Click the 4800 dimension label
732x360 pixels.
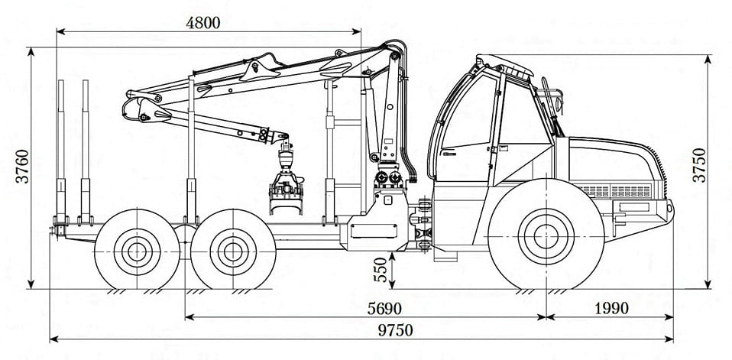point(202,23)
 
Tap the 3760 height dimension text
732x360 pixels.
point(22,166)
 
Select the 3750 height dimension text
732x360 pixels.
point(699,165)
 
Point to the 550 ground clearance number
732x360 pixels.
point(381,269)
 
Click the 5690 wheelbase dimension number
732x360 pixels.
point(384,309)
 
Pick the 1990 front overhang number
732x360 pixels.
point(611,309)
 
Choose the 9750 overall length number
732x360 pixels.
point(396,330)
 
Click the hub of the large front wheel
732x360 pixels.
point(546,236)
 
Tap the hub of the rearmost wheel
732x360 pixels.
point(137,251)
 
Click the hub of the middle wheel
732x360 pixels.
point(233,251)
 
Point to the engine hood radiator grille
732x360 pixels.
point(615,191)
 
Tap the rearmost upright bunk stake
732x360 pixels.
point(60,152)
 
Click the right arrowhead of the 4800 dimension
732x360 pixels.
point(356,32)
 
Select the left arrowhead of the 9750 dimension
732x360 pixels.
point(54,339)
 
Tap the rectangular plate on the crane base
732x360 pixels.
point(374,231)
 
